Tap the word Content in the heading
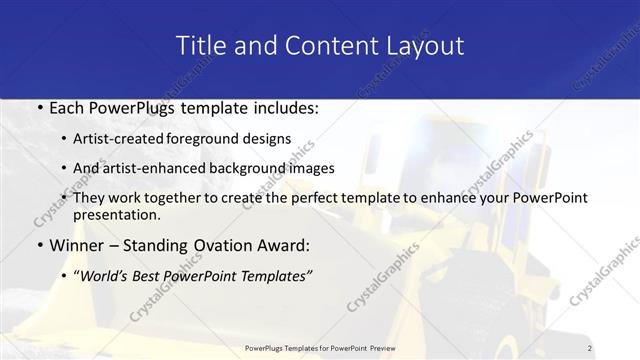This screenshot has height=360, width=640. click(x=326, y=46)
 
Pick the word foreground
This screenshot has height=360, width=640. click(x=215, y=139)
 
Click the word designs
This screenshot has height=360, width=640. click(x=271, y=139)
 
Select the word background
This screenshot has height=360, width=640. click(x=241, y=168)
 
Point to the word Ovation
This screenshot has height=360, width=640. click(x=213, y=245)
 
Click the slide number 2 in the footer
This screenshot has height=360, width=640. click(x=589, y=347)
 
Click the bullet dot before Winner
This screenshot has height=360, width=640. click(x=39, y=245)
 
